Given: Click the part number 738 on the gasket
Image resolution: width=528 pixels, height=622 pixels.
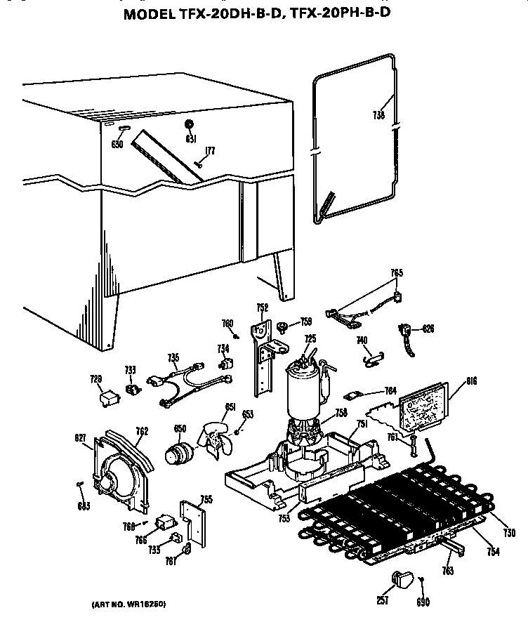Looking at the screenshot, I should (x=379, y=116).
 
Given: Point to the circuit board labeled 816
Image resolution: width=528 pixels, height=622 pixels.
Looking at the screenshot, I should (x=420, y=406).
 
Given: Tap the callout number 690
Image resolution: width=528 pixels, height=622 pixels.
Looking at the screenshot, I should (x=423, y=602).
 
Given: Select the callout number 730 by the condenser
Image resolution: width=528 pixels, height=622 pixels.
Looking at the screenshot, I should (x=510, y=533).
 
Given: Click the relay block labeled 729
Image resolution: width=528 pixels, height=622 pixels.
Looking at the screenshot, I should (x=109, y=398).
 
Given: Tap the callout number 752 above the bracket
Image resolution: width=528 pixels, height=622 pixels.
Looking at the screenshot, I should (x=262, y=307).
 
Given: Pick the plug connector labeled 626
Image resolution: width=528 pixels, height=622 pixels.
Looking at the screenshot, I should (x=406, y=331).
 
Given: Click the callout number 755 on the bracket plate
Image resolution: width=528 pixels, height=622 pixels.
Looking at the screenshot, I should (x=206, y=499).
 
